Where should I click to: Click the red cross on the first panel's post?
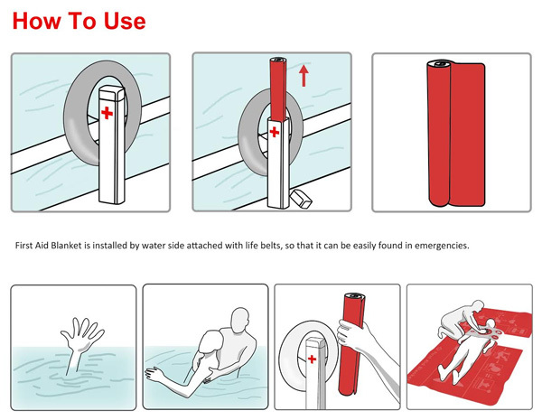107,114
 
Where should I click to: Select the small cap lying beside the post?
302,197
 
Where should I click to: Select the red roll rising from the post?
277,90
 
